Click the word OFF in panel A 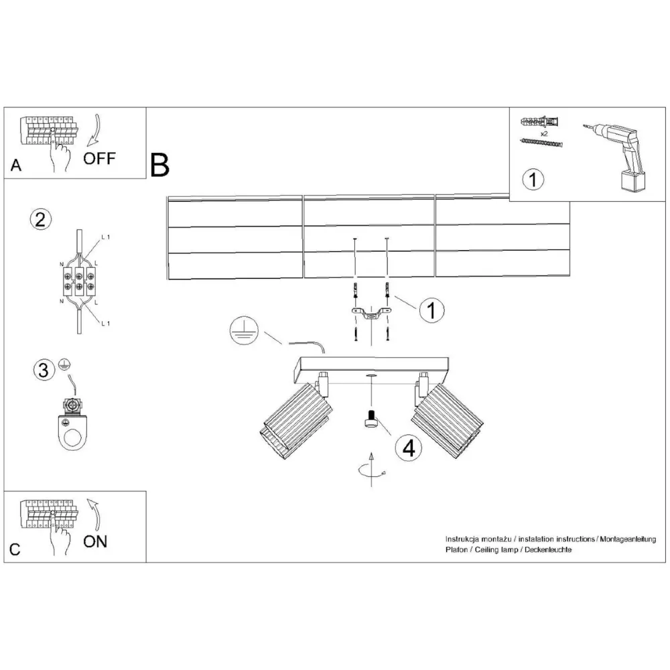tap(99, 159)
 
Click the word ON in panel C tap(95, 541)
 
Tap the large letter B tap(160, 165)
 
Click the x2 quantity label tap(544, 134)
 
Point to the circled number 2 tap(41, 220)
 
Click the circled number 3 tap(44, 370)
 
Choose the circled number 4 tap(409, 448)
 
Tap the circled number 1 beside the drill tap(533, 180)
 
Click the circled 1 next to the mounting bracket tap(431, 310)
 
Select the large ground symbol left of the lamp tap(244, 331)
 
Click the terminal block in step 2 tap(80, 281)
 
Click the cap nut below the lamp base tap(371, 418)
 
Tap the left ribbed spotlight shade tap(295, 421)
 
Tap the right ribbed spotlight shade tap(448, 421)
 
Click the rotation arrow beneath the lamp tap(372, 471)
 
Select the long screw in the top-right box tap(541, 143)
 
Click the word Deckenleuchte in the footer tap(548, 550)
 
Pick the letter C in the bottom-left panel tap(15, 549)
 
